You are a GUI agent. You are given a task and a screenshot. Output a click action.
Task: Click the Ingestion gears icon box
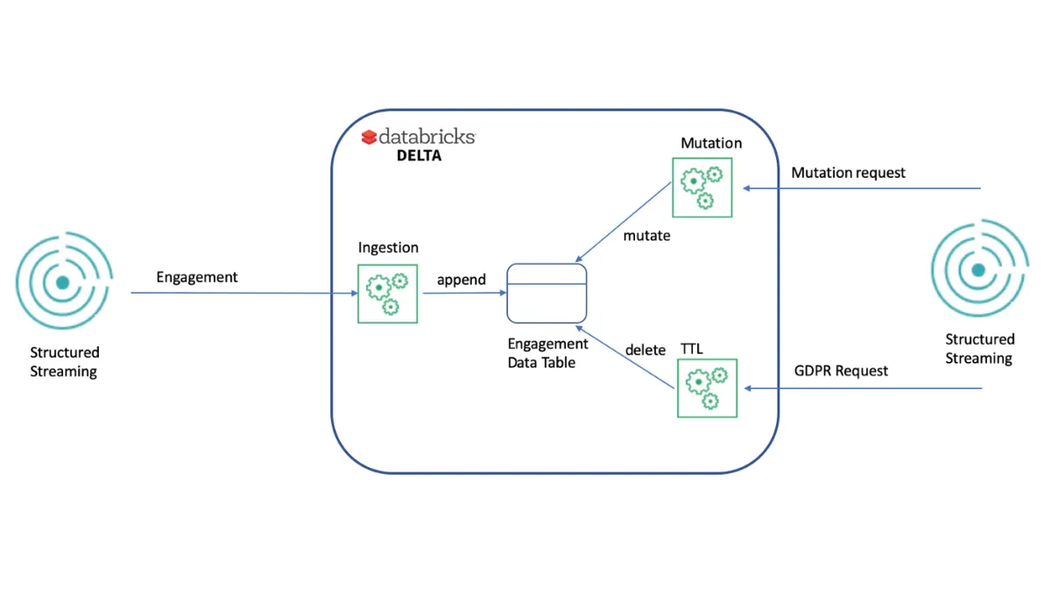[388, 294]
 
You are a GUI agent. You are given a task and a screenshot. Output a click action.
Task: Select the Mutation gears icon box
[702, 188]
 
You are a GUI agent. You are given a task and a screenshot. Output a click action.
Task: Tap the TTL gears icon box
[707, 388]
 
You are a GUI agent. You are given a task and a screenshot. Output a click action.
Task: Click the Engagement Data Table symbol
[547, 293]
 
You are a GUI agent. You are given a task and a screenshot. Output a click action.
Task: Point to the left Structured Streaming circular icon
[64, 282]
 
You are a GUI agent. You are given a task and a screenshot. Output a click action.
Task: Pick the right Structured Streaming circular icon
[978, 270]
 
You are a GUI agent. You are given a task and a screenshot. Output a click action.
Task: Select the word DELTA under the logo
[413, 157]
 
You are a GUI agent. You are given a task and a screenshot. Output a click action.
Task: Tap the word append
[461, 280]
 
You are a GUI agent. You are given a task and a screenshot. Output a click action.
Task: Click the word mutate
[646, 236]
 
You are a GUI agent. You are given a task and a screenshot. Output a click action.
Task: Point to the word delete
[645, 350]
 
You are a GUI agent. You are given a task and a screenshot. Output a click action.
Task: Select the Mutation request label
[848, 173]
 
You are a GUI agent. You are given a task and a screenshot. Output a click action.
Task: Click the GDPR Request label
[841, 371]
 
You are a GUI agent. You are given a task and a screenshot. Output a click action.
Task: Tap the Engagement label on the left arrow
[197, 277]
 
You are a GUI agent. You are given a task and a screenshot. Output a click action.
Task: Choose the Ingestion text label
[388, 248]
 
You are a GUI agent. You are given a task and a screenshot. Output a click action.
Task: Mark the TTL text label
[692, 349]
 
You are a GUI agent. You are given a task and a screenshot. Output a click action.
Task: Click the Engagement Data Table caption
[547, 353]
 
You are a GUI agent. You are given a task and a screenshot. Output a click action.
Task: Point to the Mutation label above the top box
[711, 143]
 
